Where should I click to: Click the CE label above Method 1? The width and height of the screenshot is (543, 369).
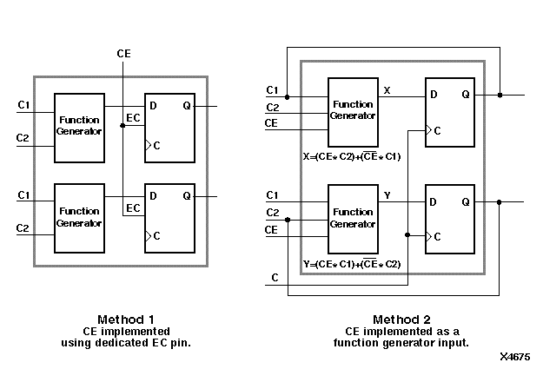click(123, 55)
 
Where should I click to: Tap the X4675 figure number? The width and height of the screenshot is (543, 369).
click(516, 356)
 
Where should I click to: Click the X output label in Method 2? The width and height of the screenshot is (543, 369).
click(387, 89)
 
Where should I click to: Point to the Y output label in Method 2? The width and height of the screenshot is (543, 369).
click(387, 196)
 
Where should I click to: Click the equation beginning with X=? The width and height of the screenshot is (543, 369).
click(354, 157)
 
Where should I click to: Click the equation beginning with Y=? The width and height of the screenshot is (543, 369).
click(354, 264)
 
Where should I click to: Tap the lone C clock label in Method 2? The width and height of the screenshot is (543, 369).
click(275, 278)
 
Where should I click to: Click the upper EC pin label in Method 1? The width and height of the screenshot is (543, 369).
click(134, 117)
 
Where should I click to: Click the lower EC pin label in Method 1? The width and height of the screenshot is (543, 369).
click(134, 208)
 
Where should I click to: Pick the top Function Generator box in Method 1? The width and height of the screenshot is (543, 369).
click(79, 127)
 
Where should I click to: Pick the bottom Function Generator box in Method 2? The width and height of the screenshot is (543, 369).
click(354, 218)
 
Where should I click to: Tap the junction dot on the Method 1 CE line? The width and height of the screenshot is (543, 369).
click(123, 126)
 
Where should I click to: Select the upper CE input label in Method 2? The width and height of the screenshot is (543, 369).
click(272, 124)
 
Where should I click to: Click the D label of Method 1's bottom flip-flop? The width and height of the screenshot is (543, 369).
click(153, 197)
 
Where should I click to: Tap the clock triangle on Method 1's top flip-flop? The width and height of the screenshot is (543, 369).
click(148, 145)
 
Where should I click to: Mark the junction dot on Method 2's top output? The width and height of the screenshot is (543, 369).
click(500, 94)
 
